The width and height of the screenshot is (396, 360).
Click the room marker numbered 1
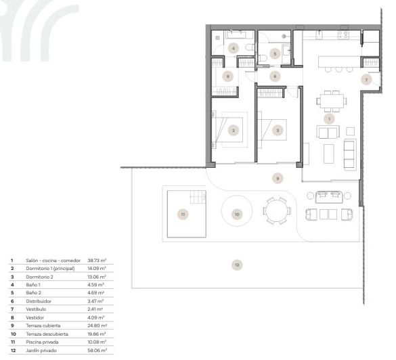tap(330, 118)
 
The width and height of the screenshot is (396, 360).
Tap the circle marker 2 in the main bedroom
tap(234, 131)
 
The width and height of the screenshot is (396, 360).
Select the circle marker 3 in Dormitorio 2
tap(276, 131)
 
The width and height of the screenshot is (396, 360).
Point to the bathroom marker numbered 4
tap(233, 48)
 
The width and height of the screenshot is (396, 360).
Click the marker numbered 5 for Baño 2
tap(275, 53)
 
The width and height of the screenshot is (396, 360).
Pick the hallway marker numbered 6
tap(275, 76)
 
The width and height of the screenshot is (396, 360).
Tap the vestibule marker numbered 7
tap(366, 79)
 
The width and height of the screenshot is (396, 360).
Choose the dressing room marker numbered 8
tap(229, 76)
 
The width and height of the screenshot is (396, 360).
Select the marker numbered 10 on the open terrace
tap(237, 214)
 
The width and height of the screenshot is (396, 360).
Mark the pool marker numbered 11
tap(183, 214)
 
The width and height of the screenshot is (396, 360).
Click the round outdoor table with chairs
tap(276, 211)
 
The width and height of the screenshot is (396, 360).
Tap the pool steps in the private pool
tap(196, 198)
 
